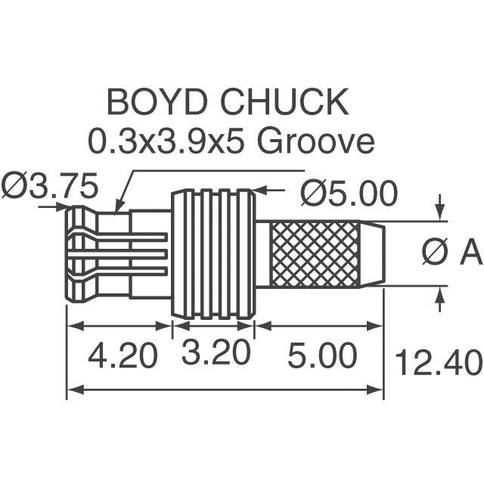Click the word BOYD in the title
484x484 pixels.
click(157, 101)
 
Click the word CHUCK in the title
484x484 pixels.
click(284, 101)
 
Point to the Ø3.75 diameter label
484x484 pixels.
click(50, 186)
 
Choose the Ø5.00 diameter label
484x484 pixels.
click(349, 194)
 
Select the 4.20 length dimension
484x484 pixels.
click(123, 355)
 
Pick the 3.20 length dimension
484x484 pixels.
click(216, 352)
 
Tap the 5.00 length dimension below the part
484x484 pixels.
click(322, 355)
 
